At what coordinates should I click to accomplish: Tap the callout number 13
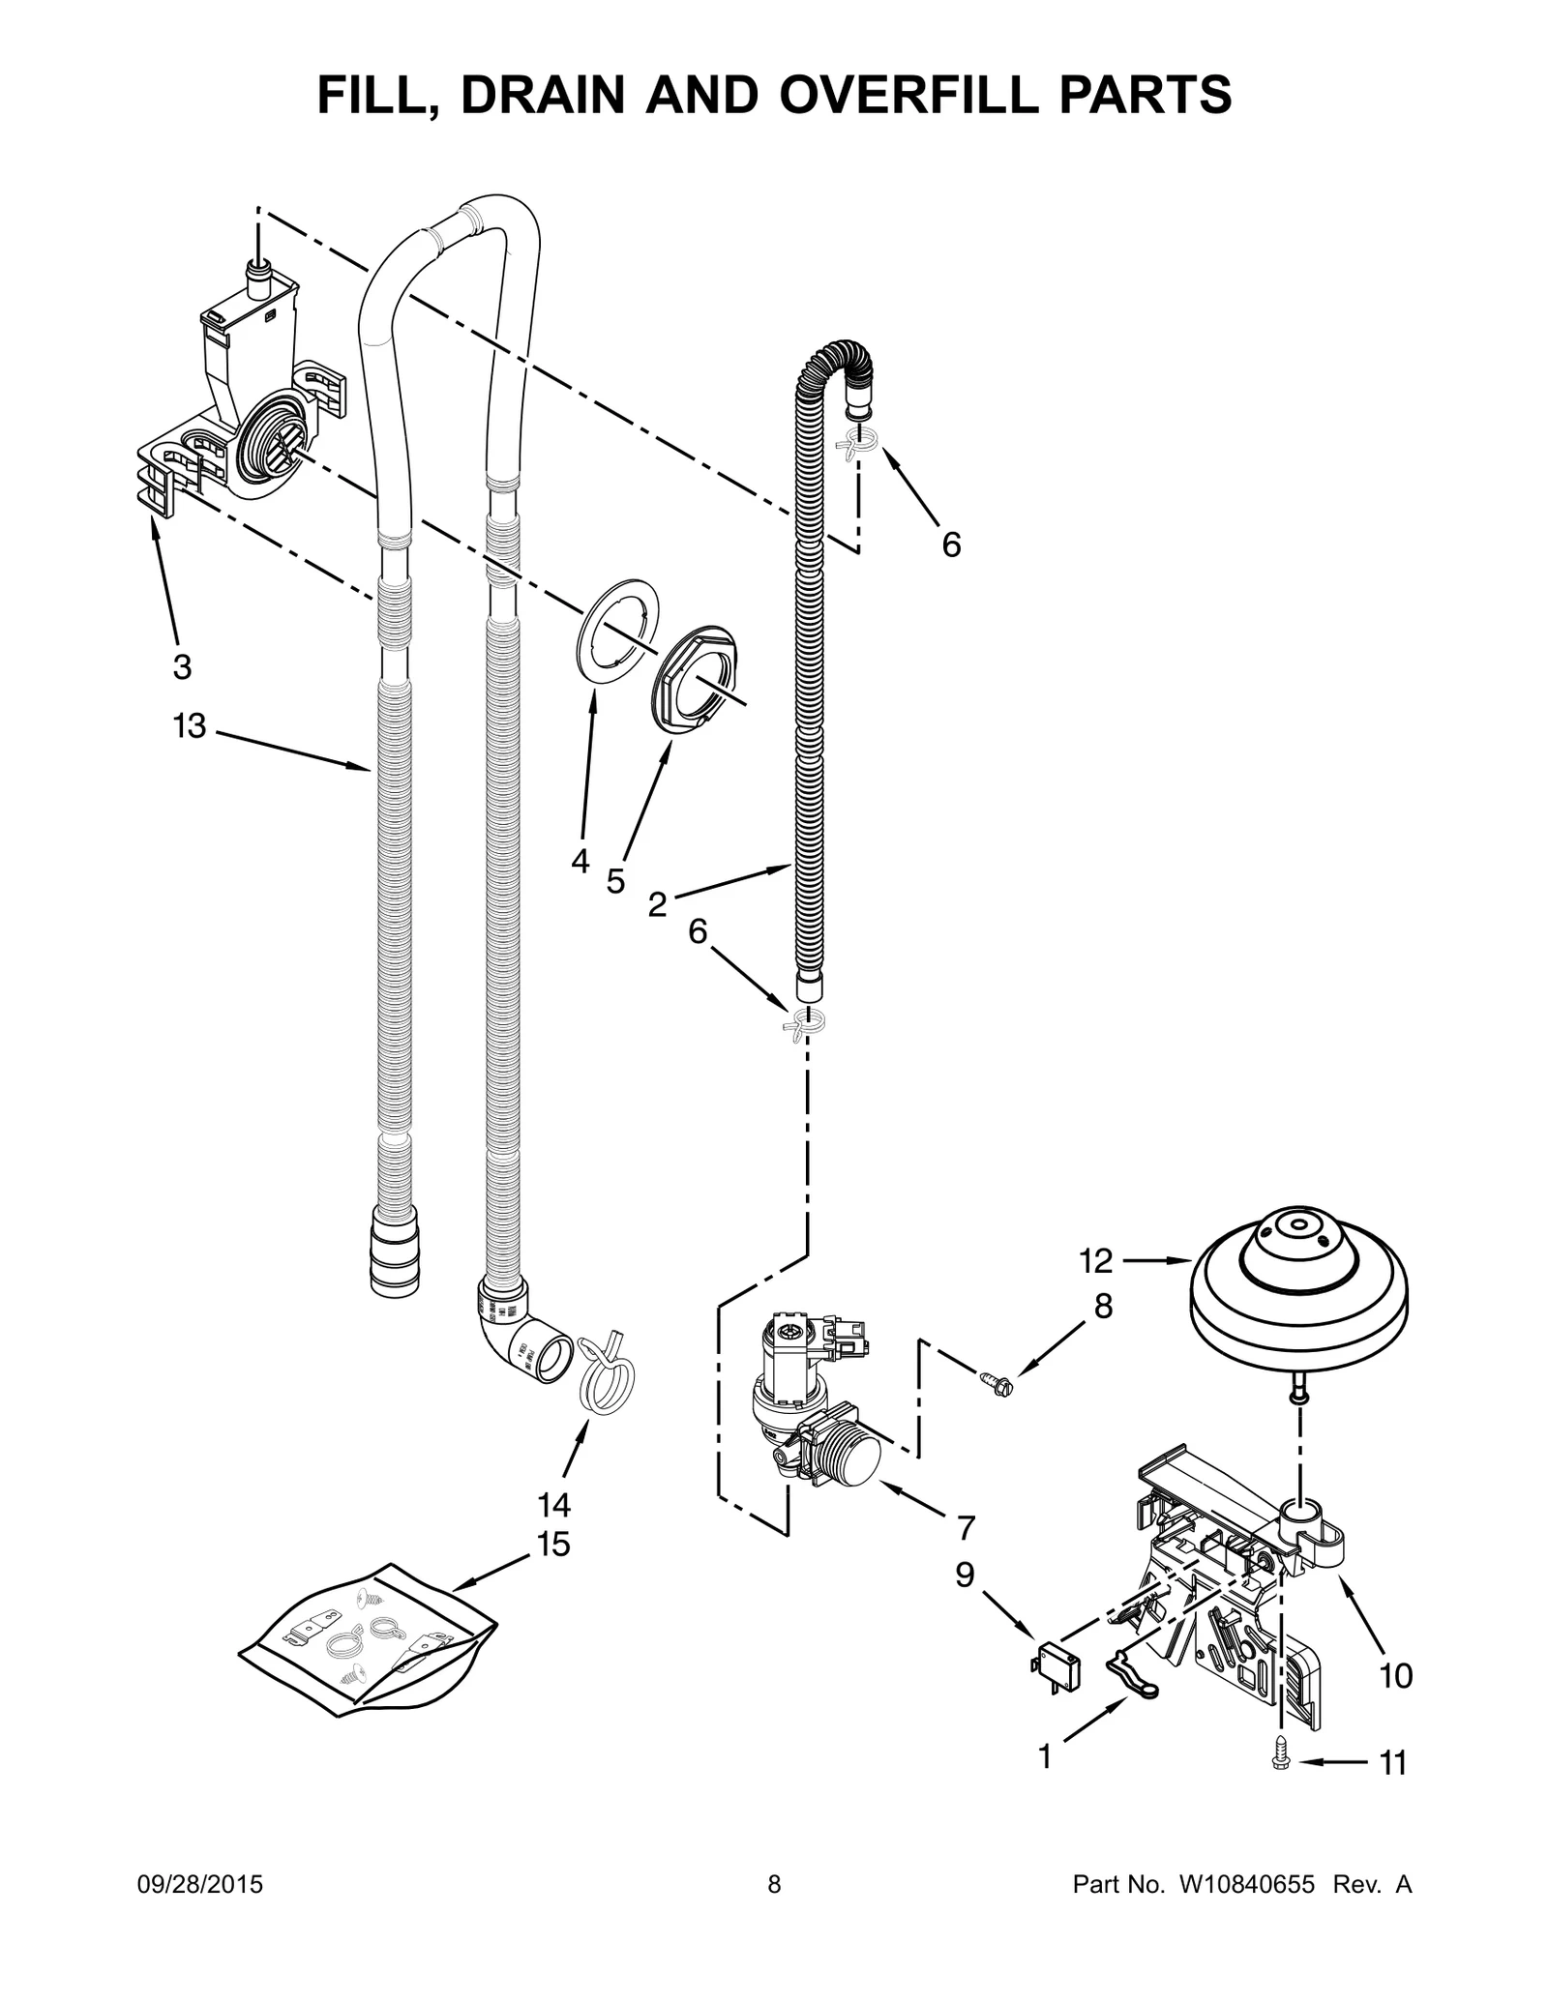(x=190, y=725)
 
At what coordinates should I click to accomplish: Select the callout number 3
(x=182, y=666)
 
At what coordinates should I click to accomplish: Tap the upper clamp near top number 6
(x=857, y=442)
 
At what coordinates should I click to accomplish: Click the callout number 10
(x=1395, y=1675)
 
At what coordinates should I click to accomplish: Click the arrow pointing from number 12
(x=1156, y=1260)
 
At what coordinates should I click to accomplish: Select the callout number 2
(x=658, y=905)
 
